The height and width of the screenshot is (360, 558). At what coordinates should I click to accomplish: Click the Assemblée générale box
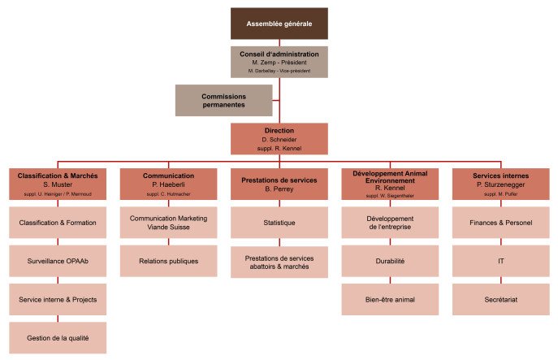(279, 24)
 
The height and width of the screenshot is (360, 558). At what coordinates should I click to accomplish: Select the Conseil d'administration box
(279, 62)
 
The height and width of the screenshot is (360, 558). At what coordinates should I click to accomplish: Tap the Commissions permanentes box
(223, 100)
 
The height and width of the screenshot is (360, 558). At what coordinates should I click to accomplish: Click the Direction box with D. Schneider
(279, 138)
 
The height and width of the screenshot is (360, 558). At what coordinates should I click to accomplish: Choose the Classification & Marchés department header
(58, 184)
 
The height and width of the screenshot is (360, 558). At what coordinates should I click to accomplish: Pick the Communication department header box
(168, 184)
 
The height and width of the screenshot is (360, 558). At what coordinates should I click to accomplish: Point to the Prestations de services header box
(279, 184)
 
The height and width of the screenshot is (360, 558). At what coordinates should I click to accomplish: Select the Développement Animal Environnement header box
(390, 184)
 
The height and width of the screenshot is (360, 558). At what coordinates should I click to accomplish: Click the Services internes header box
(500, 184)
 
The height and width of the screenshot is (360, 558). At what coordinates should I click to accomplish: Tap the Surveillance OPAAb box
(58, 261)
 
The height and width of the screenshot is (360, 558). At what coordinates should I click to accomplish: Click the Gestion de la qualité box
(58, 337)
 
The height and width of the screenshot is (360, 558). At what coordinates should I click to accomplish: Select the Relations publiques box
(168, 261)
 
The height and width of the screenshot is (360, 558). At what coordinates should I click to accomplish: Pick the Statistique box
(279, 223)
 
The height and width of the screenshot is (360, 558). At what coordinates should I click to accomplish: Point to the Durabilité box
(390, 261)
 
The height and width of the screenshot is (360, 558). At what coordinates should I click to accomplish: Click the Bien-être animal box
(390, 299)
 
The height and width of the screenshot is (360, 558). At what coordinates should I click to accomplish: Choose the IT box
(500, 261)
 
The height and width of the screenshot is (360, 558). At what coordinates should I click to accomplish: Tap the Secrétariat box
(500, 299)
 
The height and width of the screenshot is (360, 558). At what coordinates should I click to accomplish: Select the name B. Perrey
(279, 189)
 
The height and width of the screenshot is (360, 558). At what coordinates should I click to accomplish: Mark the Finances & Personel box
(500, 223)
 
